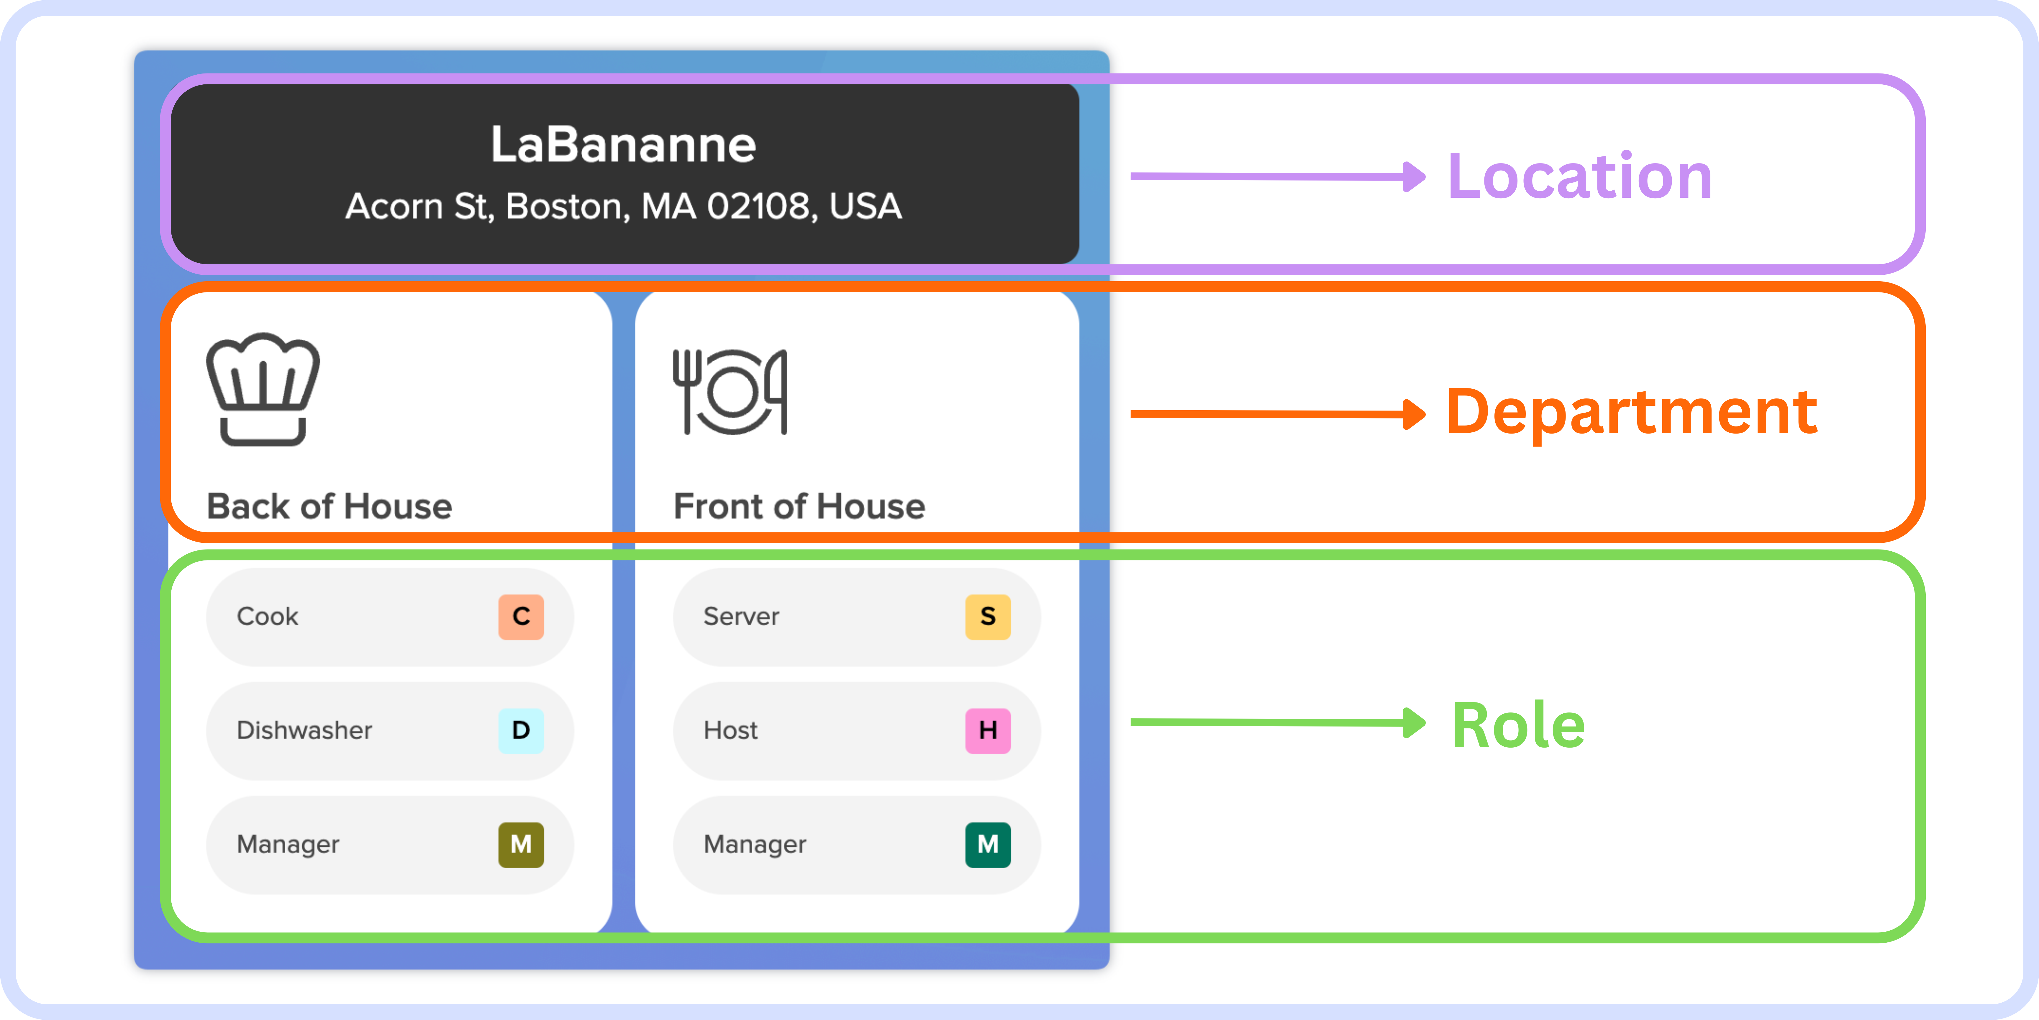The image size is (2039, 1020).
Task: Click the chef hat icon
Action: click(263, 389)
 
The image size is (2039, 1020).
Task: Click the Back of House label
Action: click(329, 506)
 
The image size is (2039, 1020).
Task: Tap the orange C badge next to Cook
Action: click(521, 616)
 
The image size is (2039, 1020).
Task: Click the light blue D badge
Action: click(521, 730)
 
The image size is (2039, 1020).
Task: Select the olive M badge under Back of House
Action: click(521, 844)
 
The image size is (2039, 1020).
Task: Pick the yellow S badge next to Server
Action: click(988, 616)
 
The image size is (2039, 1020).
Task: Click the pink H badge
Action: click(988, 730)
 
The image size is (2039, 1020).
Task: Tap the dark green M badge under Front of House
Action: click(988, 844)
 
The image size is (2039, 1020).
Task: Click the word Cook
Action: click(268, 616)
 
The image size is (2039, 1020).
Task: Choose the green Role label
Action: click(1518, 725)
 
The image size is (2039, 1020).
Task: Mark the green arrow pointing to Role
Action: click(1278, 722)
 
